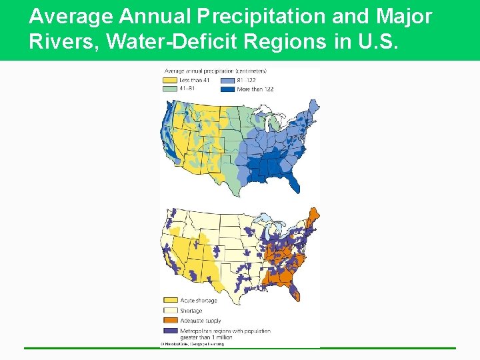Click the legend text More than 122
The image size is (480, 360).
[x=256, y=89]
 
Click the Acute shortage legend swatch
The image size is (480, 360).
[x=169, y=301]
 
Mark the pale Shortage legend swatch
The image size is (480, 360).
[x=169, y=310]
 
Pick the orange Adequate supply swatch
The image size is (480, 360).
[x=169, y=320]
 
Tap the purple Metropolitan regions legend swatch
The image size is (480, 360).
[x=169, y=330]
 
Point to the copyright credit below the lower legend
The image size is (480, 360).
[x=191, y=344]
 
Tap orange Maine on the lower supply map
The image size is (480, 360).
[x=312, y=217]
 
